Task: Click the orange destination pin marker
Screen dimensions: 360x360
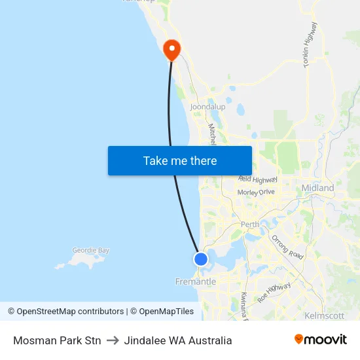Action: (171, 48)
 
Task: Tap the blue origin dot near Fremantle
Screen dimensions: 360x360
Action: (201, 259)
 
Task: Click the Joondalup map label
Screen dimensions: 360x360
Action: (207, 107)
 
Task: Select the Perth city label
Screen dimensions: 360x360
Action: (250, 225)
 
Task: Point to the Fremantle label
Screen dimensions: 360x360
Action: (195, 281)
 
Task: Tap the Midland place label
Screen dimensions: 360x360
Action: (317, 188)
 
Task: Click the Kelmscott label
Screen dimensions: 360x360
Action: (324, 315)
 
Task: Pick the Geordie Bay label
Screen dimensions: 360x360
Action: (90, 250)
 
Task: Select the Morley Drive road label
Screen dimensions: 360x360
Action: (257, 192)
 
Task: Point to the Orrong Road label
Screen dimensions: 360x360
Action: (287, 247)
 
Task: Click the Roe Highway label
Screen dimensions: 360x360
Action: (274, 292)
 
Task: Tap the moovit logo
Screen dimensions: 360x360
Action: (321, 340)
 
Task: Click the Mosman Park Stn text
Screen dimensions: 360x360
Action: (57, 340)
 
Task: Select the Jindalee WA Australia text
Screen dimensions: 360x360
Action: (178, 340)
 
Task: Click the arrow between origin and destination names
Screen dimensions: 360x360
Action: (113, 340)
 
